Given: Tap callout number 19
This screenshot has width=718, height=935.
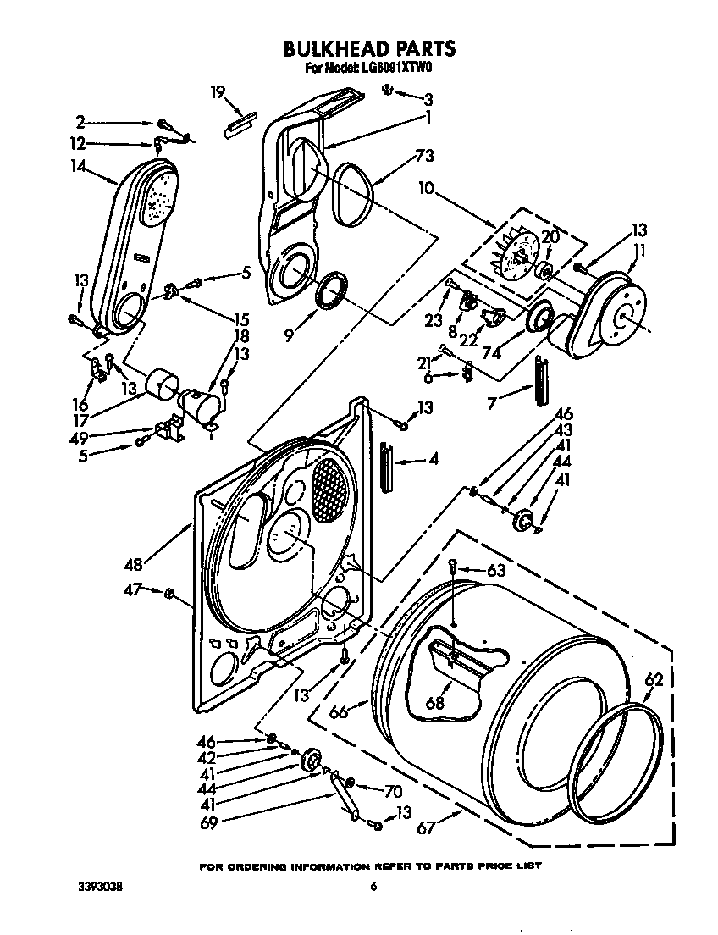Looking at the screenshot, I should pos(217,92).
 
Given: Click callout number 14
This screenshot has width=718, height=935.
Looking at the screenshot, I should pos(80,167).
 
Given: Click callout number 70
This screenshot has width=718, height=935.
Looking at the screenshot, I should pos(391,792).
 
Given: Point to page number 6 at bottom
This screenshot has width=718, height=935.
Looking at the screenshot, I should pos(372,887).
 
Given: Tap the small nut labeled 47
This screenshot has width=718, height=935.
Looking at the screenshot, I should pos(169,591).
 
